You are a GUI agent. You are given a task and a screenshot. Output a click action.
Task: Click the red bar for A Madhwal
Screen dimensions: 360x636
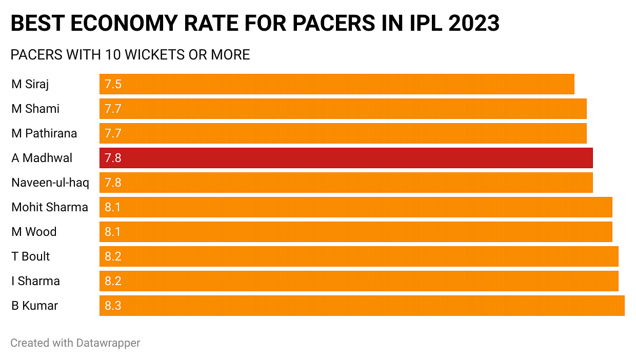[346, 158]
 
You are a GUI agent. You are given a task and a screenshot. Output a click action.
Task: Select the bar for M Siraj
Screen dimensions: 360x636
[337, 84]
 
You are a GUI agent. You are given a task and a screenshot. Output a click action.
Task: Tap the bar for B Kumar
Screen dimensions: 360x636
[362, 306]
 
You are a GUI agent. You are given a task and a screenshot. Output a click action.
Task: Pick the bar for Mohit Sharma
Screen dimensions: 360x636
[356, 207]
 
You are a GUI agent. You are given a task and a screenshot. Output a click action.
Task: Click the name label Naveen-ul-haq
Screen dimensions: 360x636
[50, 183]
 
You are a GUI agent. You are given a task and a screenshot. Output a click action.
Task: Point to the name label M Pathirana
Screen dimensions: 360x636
[44, 133]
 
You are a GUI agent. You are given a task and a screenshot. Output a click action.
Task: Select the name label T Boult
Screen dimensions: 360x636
[31, 256]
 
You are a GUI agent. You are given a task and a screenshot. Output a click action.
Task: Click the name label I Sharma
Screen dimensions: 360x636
[36, 281]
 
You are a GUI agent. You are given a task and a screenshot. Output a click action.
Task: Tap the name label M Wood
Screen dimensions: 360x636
[34, 232]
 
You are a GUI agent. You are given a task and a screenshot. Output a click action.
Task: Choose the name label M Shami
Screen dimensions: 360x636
[35, 109]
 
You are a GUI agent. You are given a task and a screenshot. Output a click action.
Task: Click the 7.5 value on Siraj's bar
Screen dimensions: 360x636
[113, 84]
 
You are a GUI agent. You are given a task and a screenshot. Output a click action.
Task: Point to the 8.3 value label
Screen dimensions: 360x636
[113, 306]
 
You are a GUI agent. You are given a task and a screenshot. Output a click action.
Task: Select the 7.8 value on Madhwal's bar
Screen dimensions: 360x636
[113, 158]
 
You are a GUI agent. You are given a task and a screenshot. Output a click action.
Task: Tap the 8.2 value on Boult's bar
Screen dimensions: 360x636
[113, 256]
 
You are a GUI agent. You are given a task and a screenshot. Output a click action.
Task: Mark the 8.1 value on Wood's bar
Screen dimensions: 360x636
[113, 232]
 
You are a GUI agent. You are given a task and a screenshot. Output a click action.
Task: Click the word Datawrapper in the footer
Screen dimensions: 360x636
[108, 343]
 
